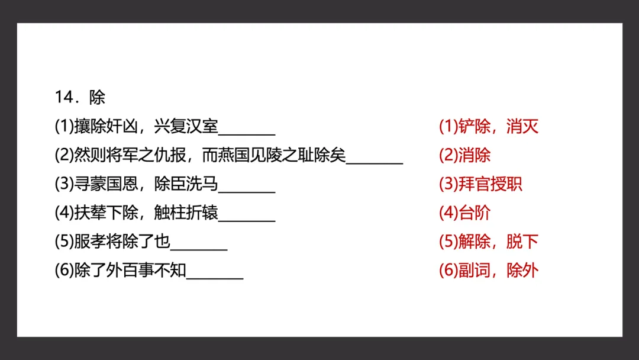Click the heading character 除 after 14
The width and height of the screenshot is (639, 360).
(x=97, y=97)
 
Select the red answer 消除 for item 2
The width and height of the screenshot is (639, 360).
(x=475, y=155)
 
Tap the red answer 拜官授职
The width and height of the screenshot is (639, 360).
(x=490, y=184)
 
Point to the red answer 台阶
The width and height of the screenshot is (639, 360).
(x=475, y=213)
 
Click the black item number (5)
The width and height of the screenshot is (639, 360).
(x=63, y=242)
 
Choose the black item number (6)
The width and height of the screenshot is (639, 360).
(x=63, y=271)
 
